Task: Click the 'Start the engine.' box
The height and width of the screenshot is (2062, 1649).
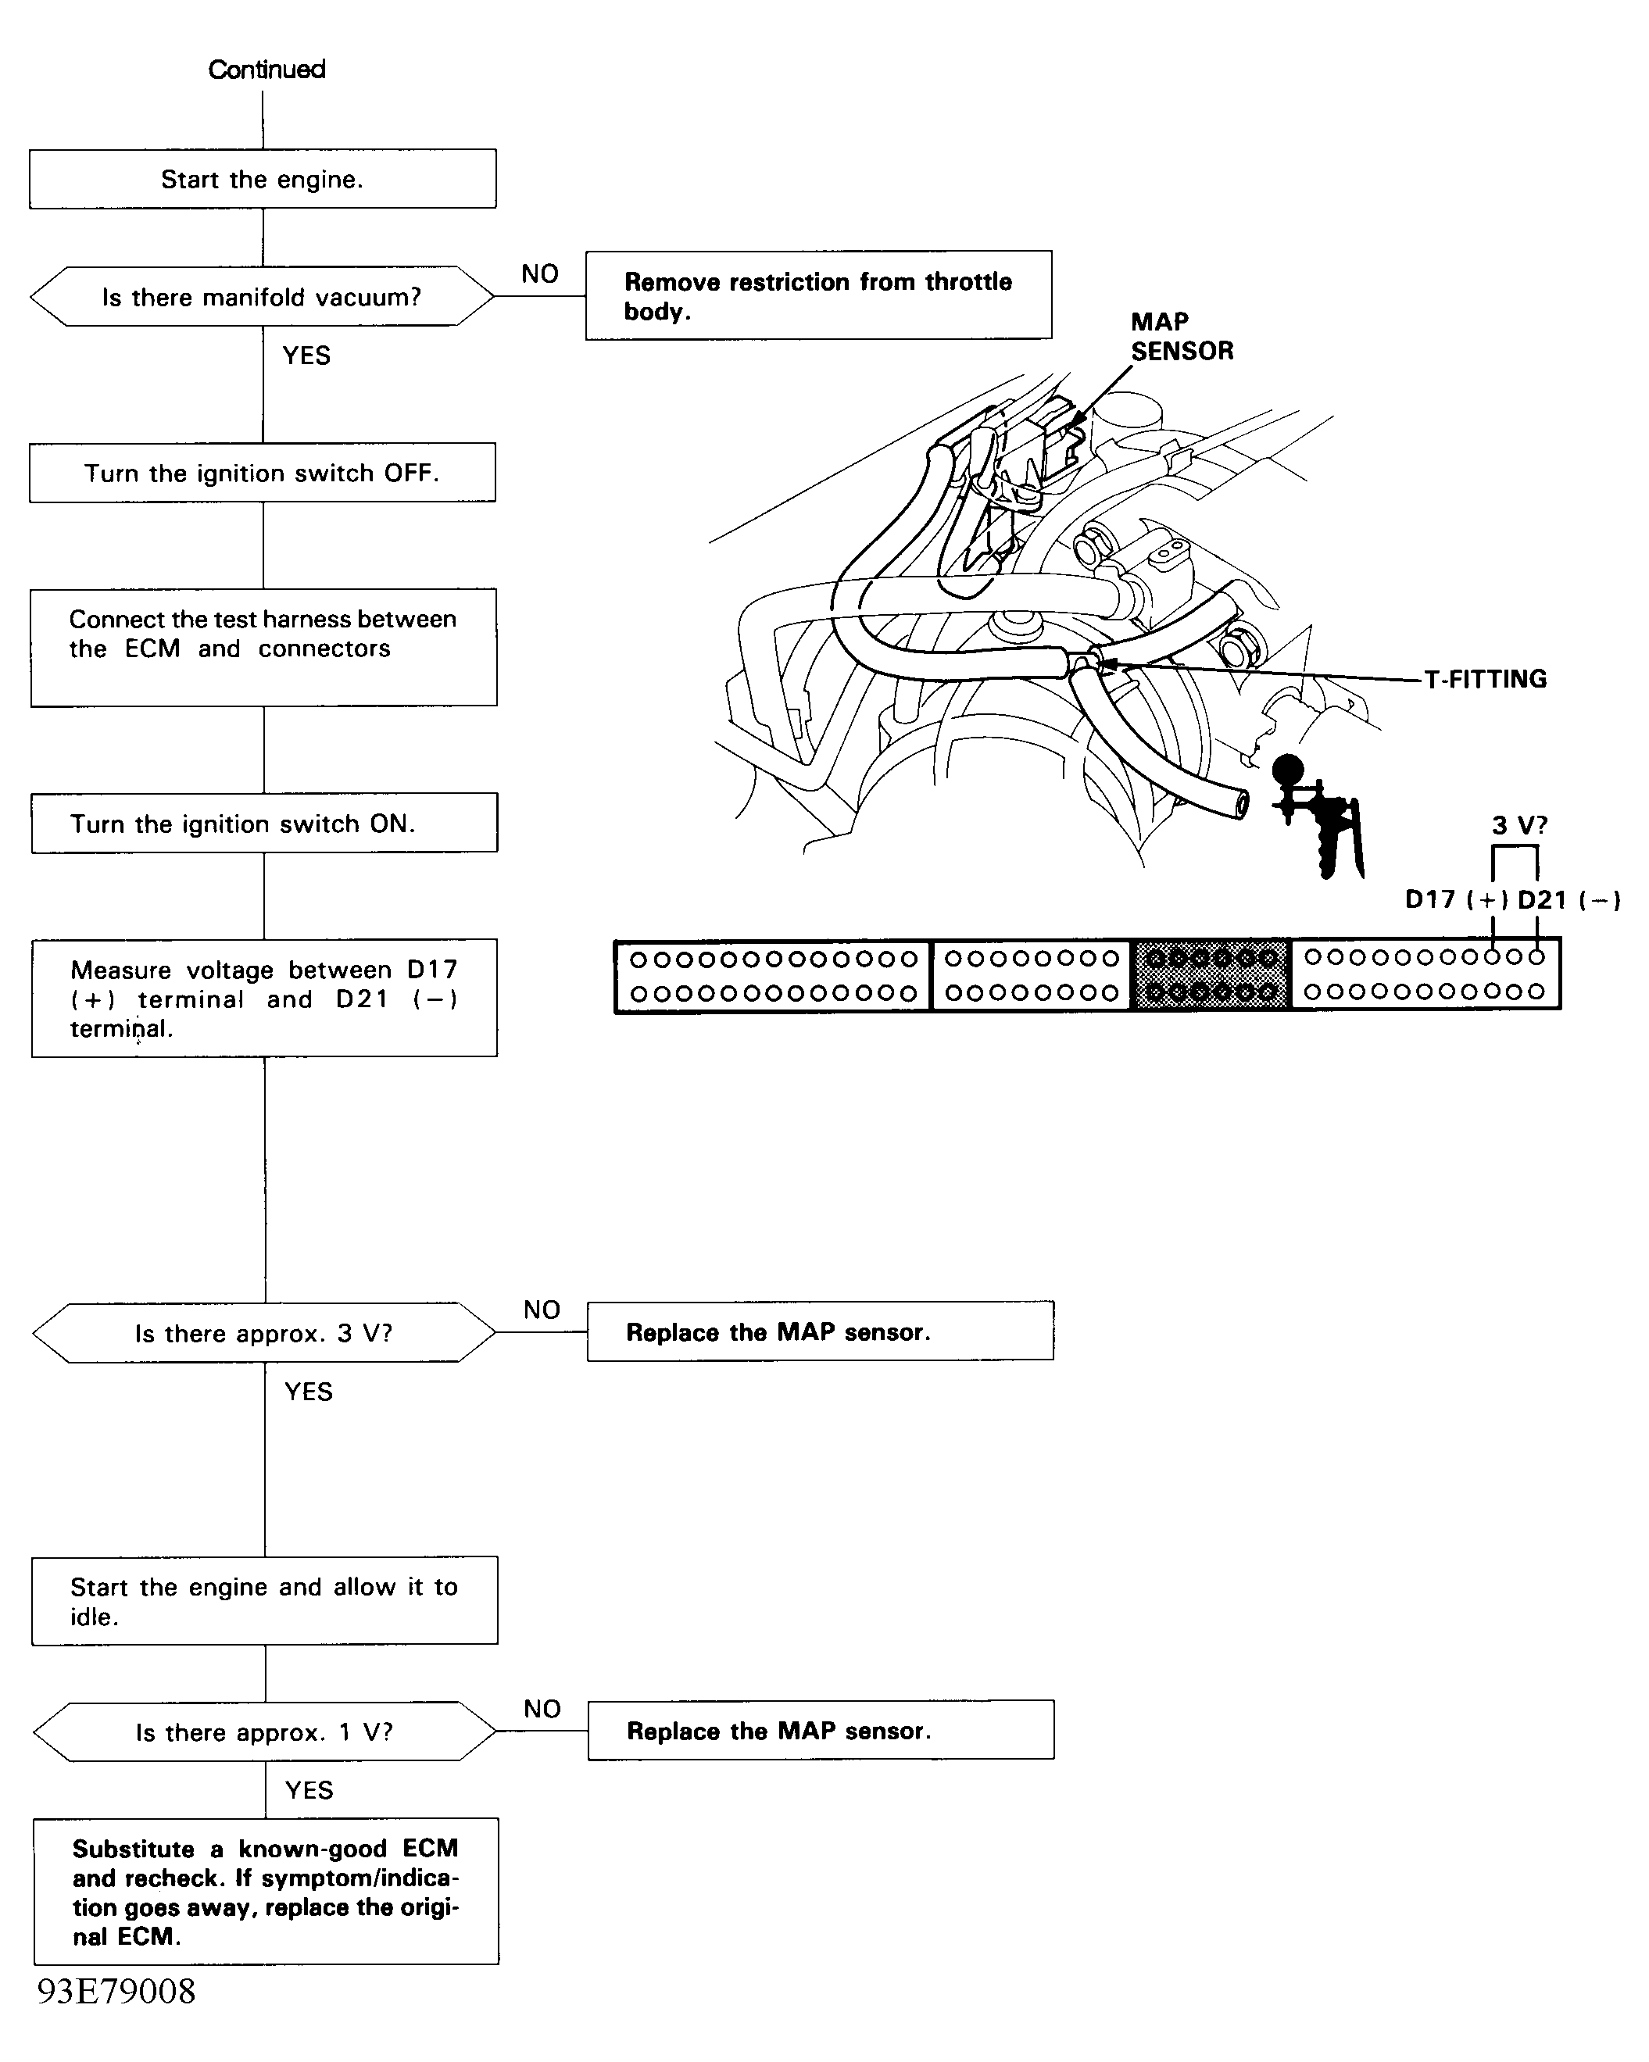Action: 262,179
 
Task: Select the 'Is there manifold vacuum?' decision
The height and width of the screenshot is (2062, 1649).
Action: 262,296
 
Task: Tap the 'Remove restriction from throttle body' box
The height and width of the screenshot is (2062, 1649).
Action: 817,295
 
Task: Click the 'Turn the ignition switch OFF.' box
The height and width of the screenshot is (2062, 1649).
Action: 262,473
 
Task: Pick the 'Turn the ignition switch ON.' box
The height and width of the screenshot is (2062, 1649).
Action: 263,824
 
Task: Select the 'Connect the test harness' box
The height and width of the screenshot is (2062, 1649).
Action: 263,648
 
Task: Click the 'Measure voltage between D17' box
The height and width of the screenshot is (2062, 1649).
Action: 264,999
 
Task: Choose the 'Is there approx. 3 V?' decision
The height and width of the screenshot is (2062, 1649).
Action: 264,1332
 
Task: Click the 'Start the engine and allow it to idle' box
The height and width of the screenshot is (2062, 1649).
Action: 264,1601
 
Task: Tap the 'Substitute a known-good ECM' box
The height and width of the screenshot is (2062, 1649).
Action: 266,1891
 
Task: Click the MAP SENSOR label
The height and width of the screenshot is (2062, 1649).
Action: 1182,337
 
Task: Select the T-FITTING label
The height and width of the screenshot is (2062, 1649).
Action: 1484,679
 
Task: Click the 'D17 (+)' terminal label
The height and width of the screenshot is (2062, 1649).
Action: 1456,900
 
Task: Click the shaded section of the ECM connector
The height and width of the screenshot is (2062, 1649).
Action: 1211,974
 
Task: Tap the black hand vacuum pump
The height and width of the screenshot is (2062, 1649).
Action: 1320,818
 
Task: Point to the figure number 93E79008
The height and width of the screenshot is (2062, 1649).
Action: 116,1991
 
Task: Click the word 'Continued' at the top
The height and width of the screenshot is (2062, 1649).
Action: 266,69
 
